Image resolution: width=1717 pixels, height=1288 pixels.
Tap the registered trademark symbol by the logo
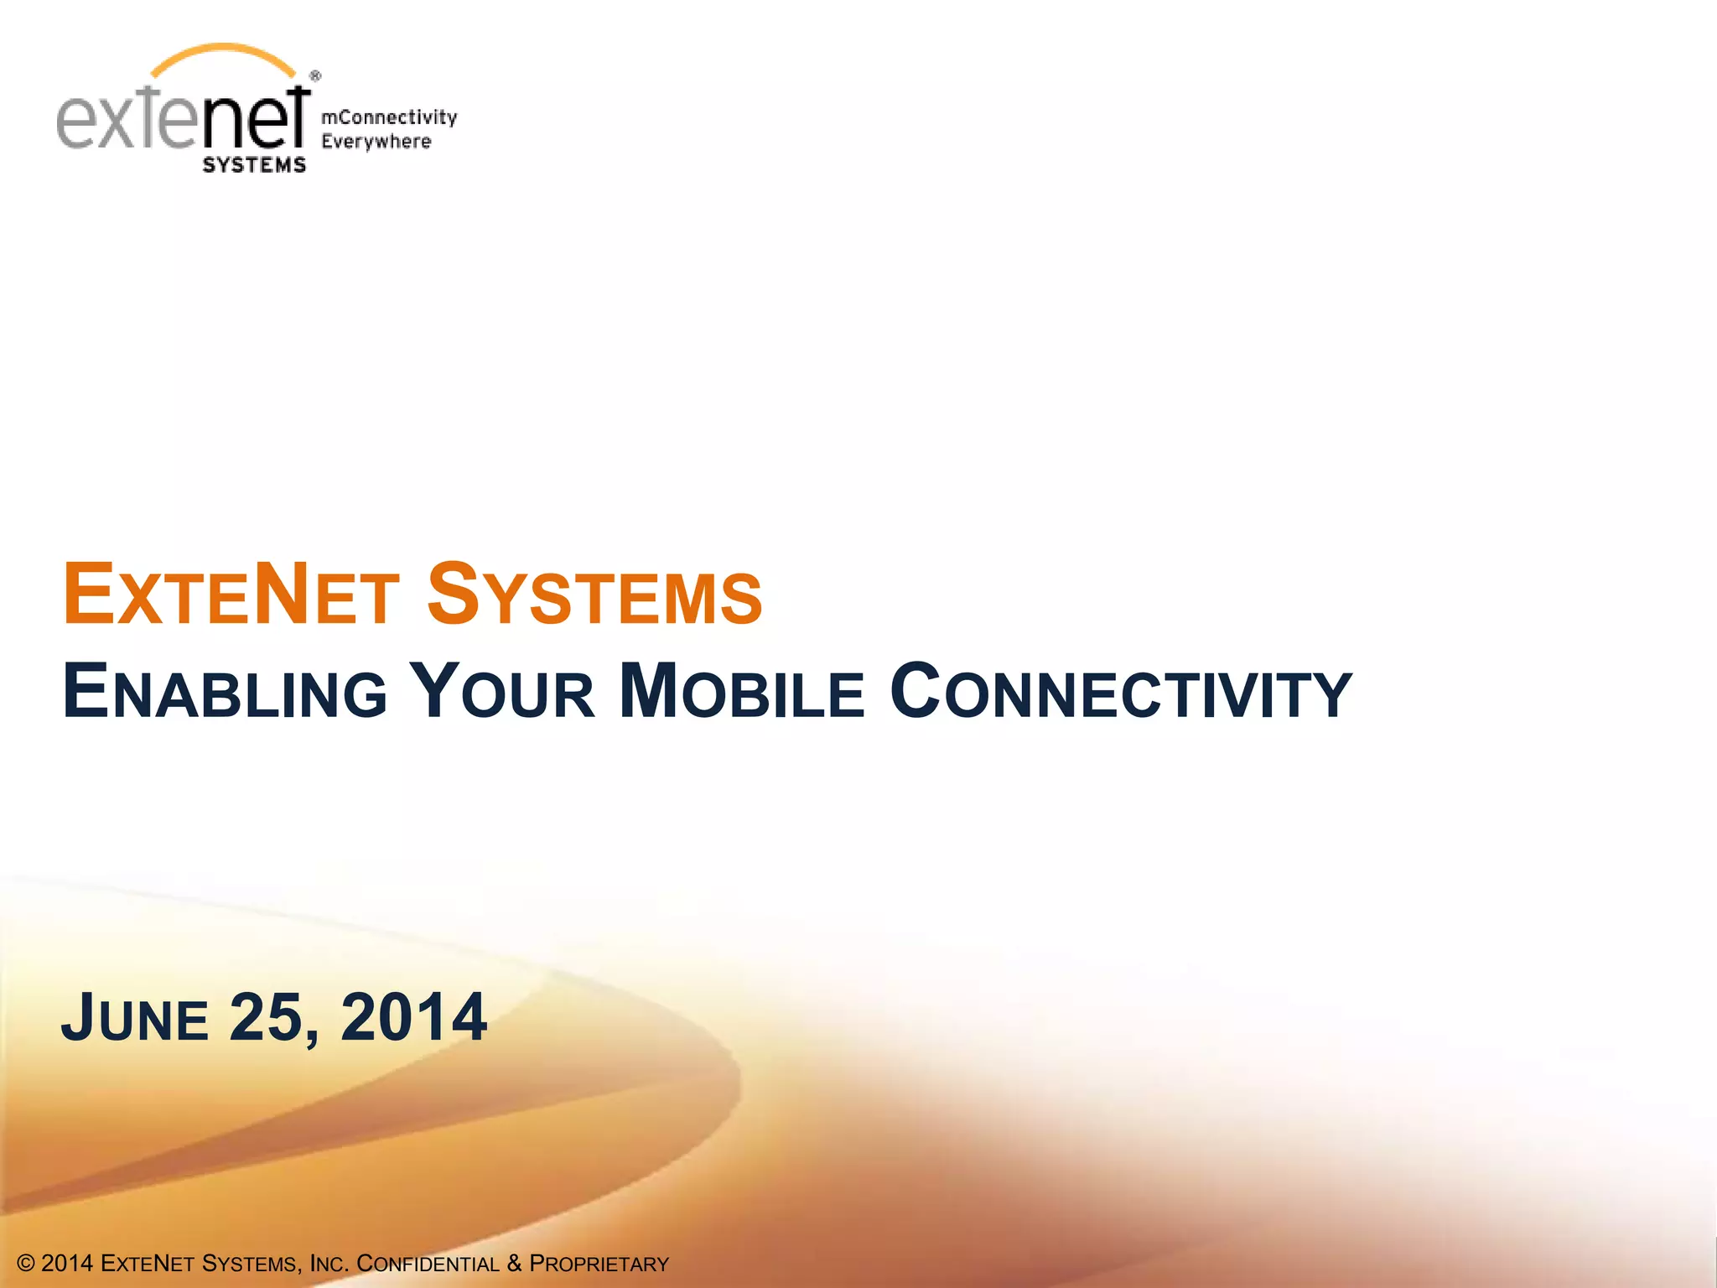click(315, 76)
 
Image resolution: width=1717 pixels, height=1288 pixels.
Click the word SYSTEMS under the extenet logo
click(254, 165)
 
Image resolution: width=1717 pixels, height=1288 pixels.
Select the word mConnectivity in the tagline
click(389, 117)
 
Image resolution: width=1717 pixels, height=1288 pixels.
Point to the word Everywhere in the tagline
click(376, 142)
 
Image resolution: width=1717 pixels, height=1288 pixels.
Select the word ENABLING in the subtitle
click(225, 693)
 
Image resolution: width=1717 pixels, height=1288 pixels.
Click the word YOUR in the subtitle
click(506, 693)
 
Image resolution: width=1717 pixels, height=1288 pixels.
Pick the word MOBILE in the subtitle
click(742, 693)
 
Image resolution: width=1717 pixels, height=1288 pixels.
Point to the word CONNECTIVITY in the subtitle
click(1120, 693)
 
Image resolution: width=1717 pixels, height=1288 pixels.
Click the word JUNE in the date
click(134, 1018)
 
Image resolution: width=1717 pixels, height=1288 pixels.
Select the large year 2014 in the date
click(413, 1018)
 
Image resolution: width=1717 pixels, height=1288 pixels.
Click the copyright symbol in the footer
click(26, 1264)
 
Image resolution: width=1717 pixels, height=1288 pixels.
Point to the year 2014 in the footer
click(67, 1264)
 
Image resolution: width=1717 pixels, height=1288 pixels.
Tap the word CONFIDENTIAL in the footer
click(428, 1264)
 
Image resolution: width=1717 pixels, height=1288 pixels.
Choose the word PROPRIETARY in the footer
click(599, 1264)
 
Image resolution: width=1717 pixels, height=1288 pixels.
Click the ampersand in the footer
click(514, 1264)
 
